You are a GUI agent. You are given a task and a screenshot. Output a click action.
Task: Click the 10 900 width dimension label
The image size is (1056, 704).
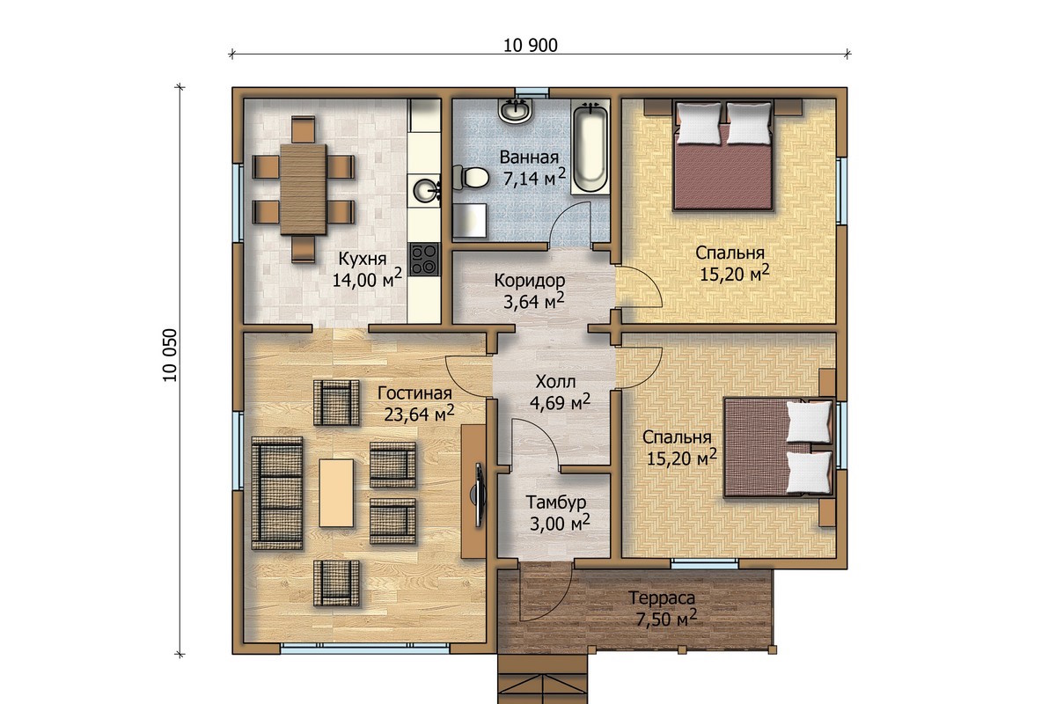(531, 46)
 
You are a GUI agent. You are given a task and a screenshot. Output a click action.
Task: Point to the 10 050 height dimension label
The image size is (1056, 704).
(170, 355)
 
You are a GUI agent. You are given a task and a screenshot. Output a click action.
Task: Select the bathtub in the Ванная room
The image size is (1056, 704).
(590, 150)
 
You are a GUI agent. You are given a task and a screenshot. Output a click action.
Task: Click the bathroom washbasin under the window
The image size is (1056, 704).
(516, 111)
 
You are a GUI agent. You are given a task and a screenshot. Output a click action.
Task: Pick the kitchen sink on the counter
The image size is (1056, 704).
(426, 190)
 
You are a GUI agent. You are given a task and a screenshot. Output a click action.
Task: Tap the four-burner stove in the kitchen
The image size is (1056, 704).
(424, 260)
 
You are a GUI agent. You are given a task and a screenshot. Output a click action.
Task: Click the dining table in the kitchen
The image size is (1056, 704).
(303, 189)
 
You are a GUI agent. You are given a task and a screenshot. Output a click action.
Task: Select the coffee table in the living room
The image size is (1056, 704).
(336, 493)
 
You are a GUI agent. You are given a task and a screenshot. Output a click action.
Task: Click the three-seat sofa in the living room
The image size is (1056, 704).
(277, 493)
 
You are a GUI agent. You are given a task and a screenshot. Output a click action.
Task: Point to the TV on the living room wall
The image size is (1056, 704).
(478, 495)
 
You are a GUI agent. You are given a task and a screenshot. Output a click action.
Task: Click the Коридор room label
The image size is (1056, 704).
(530, 281)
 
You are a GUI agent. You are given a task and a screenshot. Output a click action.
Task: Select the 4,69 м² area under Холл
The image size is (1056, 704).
(560, 402)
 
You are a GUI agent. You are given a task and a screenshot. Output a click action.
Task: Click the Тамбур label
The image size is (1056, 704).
(556, 502)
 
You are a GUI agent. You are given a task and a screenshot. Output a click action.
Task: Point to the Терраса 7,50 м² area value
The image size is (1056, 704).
(667, 619)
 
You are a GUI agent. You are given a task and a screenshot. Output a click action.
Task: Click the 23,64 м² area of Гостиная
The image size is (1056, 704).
(419, 414)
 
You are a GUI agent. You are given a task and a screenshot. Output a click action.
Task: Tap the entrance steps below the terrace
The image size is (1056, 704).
(543, 678)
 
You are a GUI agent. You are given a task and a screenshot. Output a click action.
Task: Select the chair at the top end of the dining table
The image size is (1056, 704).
(303, 129)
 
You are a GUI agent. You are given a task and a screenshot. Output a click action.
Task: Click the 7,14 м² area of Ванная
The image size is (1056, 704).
(535, 178)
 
